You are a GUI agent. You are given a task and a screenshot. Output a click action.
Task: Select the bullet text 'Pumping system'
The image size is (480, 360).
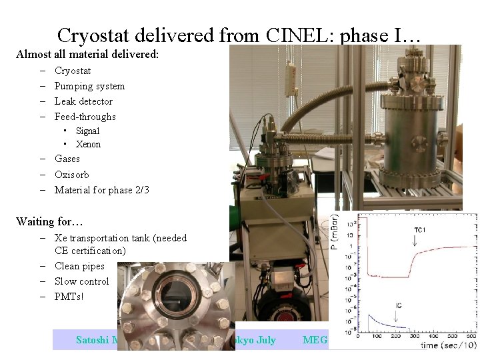click(x=89, y=86)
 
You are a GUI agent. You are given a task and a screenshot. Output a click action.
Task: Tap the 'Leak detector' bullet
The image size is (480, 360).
click(x=83, y=101)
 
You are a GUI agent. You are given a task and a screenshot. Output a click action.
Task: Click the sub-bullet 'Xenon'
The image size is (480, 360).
click(x=88, y=144)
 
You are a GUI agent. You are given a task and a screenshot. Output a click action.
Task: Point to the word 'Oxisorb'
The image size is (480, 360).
click(x=72, y=175)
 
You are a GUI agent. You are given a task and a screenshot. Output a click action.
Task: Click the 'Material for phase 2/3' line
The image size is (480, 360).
click(x=101, y=190)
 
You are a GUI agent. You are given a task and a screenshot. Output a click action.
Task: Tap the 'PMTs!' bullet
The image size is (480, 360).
click(x=69, y=297)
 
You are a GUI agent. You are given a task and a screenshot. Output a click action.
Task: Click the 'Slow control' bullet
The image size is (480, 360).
click(x=81, y=281)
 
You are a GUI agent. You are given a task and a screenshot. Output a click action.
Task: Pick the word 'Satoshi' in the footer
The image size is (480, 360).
click(x=93, y=340)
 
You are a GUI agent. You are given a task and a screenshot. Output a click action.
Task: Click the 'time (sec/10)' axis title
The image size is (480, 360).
click(x=447, y=345)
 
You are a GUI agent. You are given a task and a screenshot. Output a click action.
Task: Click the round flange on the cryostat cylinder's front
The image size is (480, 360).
click(x=402, y=143)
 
